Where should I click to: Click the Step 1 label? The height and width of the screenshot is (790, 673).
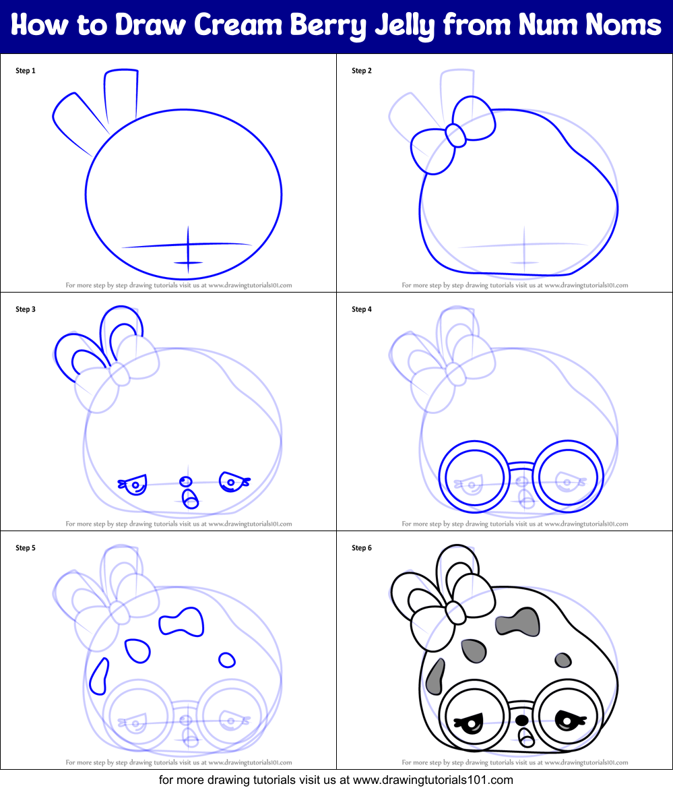26,71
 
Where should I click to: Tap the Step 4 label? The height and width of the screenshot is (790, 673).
362,309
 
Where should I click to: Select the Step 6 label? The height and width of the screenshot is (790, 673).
362,548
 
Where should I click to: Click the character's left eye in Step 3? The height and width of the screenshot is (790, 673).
135,483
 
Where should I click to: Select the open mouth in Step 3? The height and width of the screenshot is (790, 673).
191,499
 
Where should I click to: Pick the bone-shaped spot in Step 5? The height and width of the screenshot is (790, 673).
181,622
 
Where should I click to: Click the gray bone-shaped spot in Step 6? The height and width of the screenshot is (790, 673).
517,622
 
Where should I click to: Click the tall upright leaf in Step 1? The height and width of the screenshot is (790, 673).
122,94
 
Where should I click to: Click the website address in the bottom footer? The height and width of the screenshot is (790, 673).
433,780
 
